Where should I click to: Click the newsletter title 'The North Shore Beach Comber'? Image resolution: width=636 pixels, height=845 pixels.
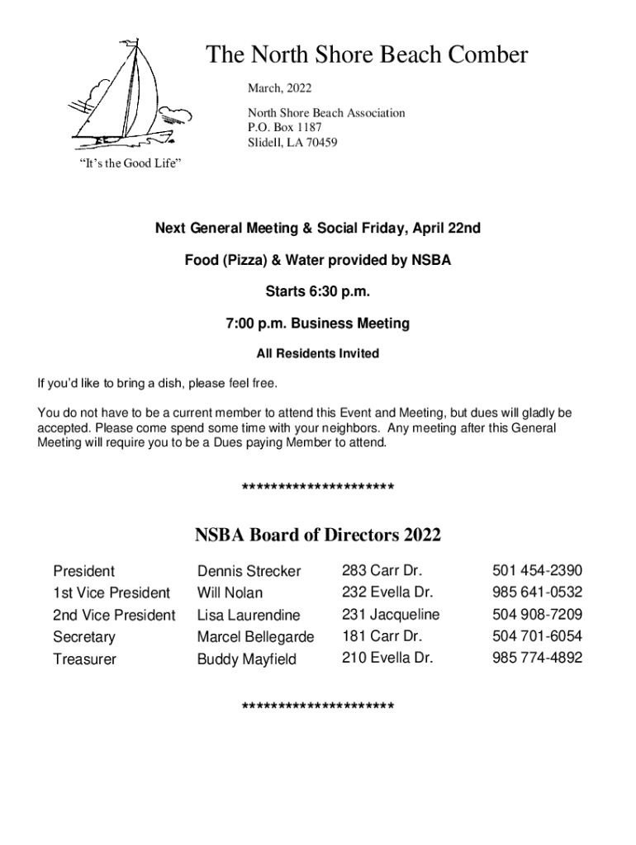pyautogui.click(x=366, y=55)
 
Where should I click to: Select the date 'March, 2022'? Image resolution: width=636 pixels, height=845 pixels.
pyautogui.click(x=280, y=87)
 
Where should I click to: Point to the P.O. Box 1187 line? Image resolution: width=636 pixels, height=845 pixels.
pyautogui.click(x=285, y=127)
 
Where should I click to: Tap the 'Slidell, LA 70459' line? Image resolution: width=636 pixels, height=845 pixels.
pyautogui.click(x=292, y=142)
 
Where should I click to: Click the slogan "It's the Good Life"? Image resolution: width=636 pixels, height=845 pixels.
pyautogui.click(x=130, y=163)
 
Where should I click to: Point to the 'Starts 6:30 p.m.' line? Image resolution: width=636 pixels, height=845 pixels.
pyautogui.click(x=318, y=291)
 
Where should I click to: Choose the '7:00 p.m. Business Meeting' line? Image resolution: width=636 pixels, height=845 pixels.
pyautogui.click(x=318, y=323)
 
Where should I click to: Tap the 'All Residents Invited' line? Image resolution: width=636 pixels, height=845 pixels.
pyautogui.click(x=318, y=353)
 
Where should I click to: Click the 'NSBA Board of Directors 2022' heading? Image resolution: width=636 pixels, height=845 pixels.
pyautogui.click(x=318, y=535)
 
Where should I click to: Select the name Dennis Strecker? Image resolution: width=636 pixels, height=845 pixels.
pyautogui.click(x=249, y=571)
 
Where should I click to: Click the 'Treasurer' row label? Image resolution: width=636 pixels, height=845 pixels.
pyautogui.click(x=84, y=659)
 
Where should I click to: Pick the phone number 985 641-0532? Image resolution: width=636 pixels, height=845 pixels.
pyautogui.click(x=537, y=592)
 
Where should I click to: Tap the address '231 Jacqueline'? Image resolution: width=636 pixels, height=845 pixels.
pyautogui.click(x=390, y=614)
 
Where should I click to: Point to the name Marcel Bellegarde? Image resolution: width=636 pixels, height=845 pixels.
pyautogui.click(x=255, y=637)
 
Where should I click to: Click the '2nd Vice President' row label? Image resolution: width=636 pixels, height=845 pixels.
pyautogui.click(x=114, y=615)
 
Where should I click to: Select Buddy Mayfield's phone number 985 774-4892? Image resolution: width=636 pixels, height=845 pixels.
pyautogui.click(x=537, y=658)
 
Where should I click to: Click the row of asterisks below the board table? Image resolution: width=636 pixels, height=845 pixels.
pyautogui.click(x=318, y=707)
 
